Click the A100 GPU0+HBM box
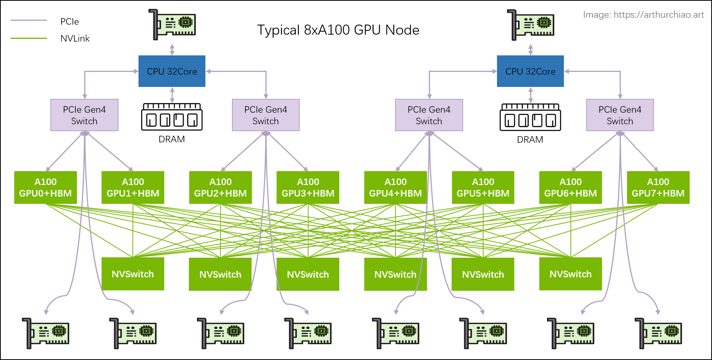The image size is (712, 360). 45,187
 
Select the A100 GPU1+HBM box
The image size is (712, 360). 133,187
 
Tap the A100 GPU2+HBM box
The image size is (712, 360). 220,187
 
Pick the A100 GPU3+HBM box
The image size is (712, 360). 308,187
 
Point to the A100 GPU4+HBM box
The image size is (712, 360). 395,187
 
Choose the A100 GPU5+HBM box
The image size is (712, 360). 483,187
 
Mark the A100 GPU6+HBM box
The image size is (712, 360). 570,187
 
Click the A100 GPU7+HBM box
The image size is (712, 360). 658,187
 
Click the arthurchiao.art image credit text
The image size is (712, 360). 644,15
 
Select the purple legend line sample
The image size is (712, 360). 28,20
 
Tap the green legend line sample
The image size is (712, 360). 28,38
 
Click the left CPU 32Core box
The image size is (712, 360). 172,71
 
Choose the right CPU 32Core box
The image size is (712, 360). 530,71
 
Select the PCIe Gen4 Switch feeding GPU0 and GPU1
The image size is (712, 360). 84,115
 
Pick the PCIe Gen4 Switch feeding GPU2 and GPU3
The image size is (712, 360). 265,115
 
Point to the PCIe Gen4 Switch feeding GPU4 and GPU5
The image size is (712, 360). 429,115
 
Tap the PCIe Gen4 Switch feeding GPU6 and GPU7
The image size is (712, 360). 620,115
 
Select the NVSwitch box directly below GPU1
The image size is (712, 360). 133,274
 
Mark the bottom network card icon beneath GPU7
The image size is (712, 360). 658,333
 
